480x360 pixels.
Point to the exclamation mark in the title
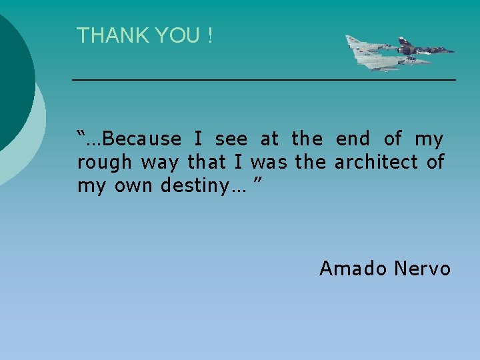pos(209,36)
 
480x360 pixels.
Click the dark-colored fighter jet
pos(425,49)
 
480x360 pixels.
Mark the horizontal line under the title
pos(263,80)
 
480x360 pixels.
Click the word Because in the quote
pos(143,139)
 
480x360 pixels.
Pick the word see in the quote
pos(231,139)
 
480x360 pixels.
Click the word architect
pos(376,162)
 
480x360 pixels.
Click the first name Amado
pos(353,269)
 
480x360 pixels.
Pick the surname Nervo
pos(423,269)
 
